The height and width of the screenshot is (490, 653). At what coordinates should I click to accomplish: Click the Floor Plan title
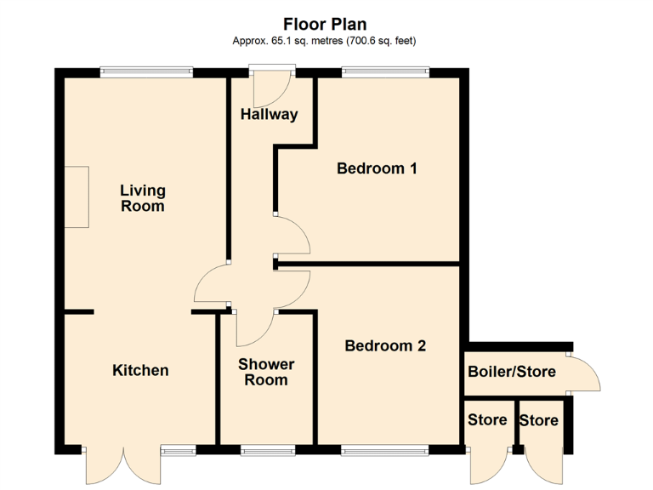click(x=326, y=24)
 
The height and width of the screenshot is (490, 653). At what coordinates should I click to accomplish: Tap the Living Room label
click(x=142, y=198)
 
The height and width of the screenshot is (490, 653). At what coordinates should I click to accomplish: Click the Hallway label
click(x=269, y=114)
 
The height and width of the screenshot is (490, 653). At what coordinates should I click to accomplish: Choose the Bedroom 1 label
click(x=377, y=168)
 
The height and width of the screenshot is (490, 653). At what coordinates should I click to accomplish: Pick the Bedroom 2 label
click(x=385, y=345)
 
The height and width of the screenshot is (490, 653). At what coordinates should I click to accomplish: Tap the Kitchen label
click(x=140, y=370)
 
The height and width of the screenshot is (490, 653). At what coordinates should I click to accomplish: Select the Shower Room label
click(x=266, y=372)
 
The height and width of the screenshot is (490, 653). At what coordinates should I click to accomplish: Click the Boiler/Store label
click(x=512, y=371)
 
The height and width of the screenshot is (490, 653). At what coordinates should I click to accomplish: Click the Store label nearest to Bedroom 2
click(x=487, y=419)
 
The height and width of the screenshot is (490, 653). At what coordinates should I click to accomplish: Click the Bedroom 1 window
click(x=385, y=72)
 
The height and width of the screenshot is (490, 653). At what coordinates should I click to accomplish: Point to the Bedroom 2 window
click(x=385, y=448)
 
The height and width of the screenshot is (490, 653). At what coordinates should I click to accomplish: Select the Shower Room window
click(x=267, y=448)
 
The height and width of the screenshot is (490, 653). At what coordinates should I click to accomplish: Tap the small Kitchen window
click(x=178, y=448)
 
